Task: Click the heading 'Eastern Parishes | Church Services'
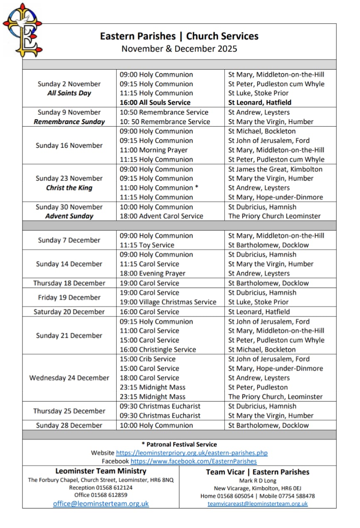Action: [x=179, y=36]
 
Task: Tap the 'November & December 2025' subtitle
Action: [x=179, y=49]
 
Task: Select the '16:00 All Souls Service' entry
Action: [x=155, y=102]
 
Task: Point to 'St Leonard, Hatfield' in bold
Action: [x=260, y=102]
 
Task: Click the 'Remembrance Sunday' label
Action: [x=69, y=122]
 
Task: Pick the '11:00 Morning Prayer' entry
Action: [x=154, y=150]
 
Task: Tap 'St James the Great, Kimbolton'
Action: [x=275, y=169]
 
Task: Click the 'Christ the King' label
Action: [x=69, y=188]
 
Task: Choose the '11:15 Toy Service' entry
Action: [x=147, y=245]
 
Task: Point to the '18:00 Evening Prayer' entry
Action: [x=152, y=274]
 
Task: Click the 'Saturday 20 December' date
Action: [x=69, y=312]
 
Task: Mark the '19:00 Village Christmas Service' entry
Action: [x=168, y=302]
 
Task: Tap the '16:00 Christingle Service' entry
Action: [x=158, y=350]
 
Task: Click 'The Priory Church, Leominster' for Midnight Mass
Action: [x=275, y=397]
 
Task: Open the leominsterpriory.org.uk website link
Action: [x=191, y=453]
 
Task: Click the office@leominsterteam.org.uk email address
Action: [x=101, y=504]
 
